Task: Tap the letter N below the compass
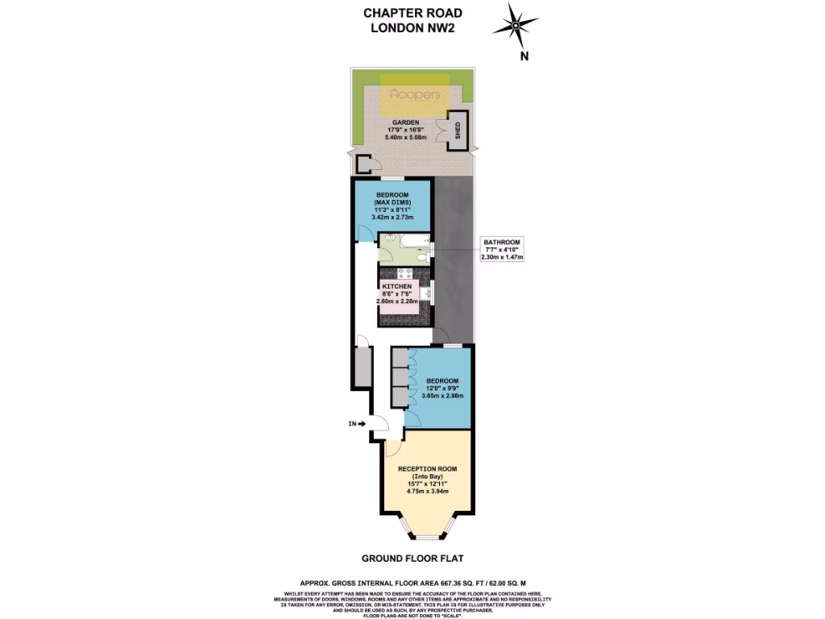click(524, 56)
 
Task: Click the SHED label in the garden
click(458, 129)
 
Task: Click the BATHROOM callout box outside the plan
click(501, 249)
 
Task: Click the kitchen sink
click(426, 295)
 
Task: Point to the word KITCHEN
click(396, 286)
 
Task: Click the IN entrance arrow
click(355, 422)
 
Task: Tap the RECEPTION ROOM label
click(426, 468)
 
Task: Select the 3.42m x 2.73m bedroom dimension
click(393, 218)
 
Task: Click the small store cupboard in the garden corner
click(364, 165)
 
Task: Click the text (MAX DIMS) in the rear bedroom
click(393, 202)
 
